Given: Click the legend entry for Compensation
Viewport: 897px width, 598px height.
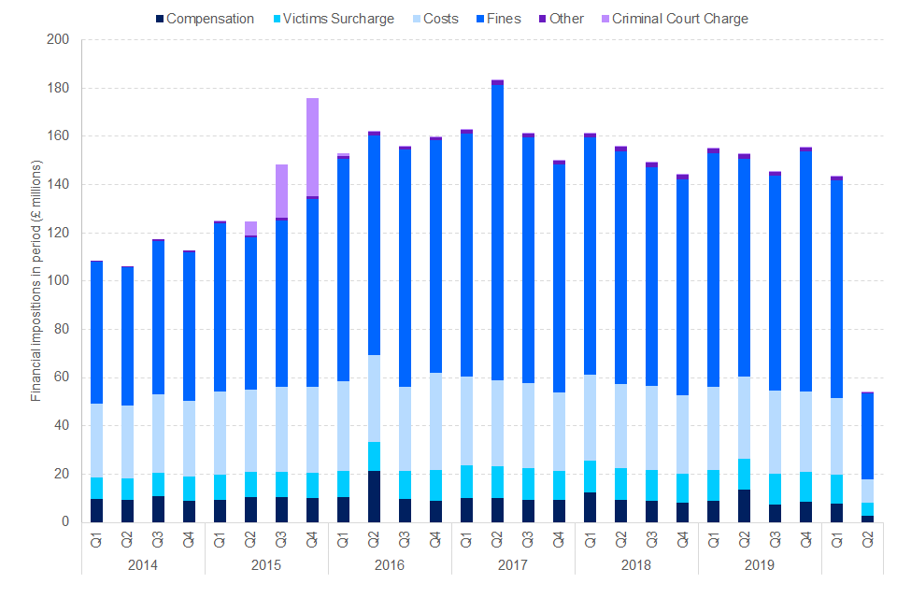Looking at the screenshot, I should [209, 19].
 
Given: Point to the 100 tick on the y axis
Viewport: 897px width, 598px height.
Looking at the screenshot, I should [58, 281].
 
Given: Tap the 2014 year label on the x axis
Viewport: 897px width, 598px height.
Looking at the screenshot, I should [142, 565].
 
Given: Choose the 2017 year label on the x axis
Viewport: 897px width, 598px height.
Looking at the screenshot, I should [513, 565].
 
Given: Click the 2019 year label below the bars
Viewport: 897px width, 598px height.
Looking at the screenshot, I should [760, 565].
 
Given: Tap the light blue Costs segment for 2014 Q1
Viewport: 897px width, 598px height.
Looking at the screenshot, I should [96, 440].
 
